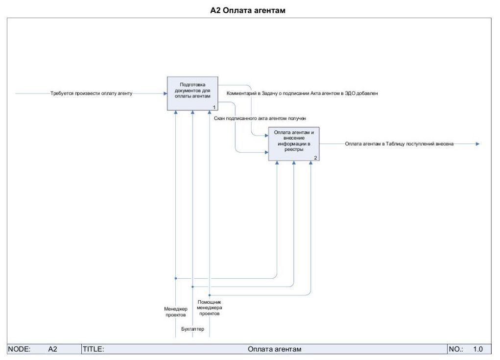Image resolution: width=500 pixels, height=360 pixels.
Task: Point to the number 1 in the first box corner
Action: (214, 107)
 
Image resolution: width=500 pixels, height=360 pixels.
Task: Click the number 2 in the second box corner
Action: (315, 158)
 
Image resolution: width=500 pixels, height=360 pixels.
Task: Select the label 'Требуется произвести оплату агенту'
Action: (91, 93)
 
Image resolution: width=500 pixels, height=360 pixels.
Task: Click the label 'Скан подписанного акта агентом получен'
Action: (260, 118)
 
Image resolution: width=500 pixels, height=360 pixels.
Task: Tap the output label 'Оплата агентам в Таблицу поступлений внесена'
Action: (399, 144)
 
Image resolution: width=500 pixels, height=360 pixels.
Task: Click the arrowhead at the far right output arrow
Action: (477, 144)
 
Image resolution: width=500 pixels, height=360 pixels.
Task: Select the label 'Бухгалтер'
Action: (192, 329)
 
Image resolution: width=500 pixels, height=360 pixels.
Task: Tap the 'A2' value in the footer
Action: (53, 349)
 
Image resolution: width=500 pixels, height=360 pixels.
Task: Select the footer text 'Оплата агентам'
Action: (274, 349)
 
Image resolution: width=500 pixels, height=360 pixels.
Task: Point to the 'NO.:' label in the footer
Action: (456, 349)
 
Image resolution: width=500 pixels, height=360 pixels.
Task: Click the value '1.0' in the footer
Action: (478, 349)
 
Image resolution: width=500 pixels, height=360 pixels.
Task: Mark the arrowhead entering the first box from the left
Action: (165, 93)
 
